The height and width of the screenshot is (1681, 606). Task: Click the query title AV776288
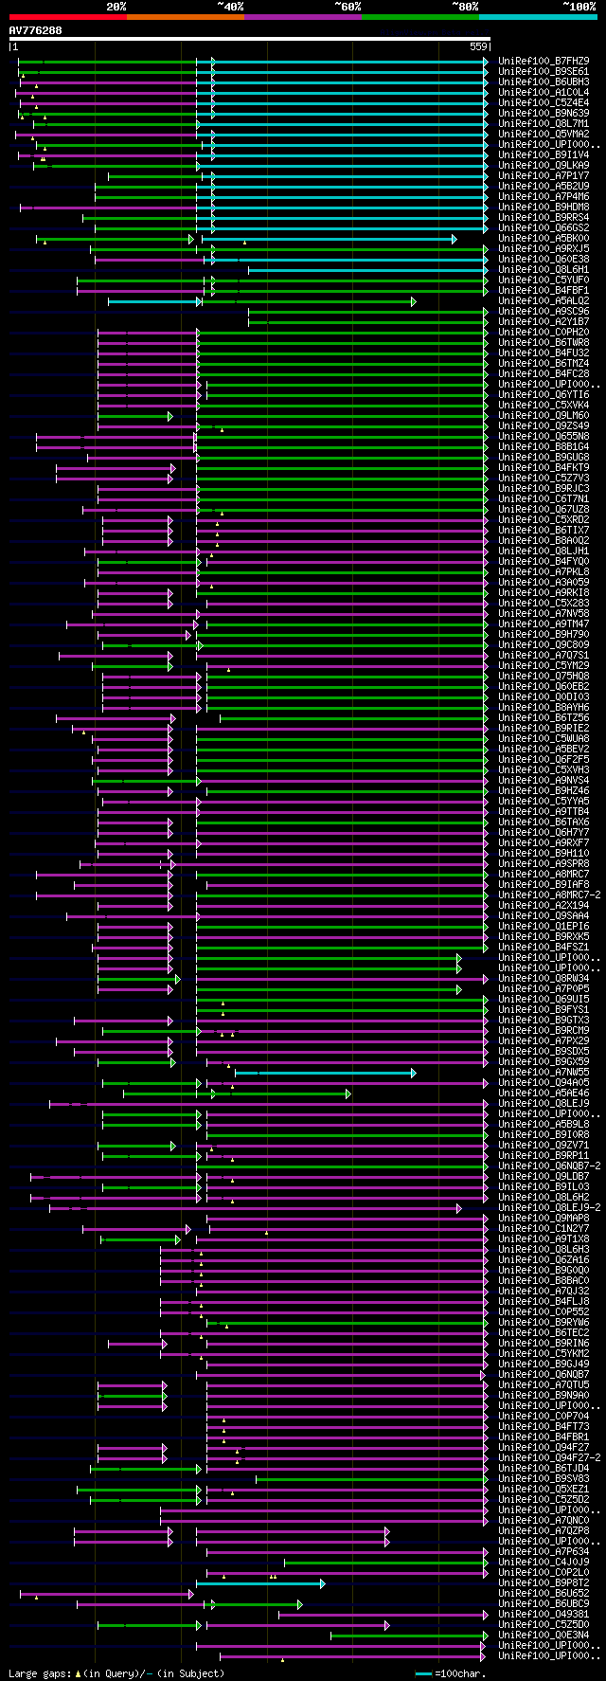pyautogui.click(x=36, y=30)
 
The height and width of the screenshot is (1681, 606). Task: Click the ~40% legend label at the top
pyautogui.click(x=230, y=7)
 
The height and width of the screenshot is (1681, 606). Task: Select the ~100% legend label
pyautogui.click(x=579, y=7)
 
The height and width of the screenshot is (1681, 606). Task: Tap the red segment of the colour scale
pyautogui.click(x=67, y=16)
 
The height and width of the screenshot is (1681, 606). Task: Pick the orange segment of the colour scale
pyautogui.click(x=185, y=16)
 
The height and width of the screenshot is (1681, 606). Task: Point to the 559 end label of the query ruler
pyautogui.click(x=478, y=46)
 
